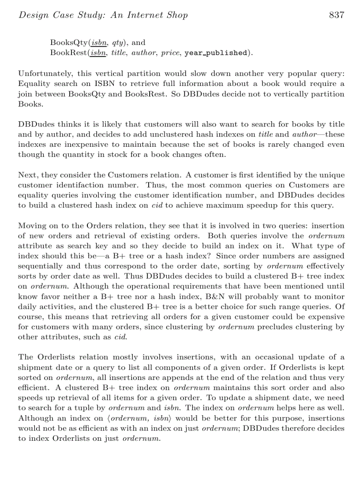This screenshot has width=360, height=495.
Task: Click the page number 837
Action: (336, 15)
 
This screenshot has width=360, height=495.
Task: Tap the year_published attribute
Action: (215, 53)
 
